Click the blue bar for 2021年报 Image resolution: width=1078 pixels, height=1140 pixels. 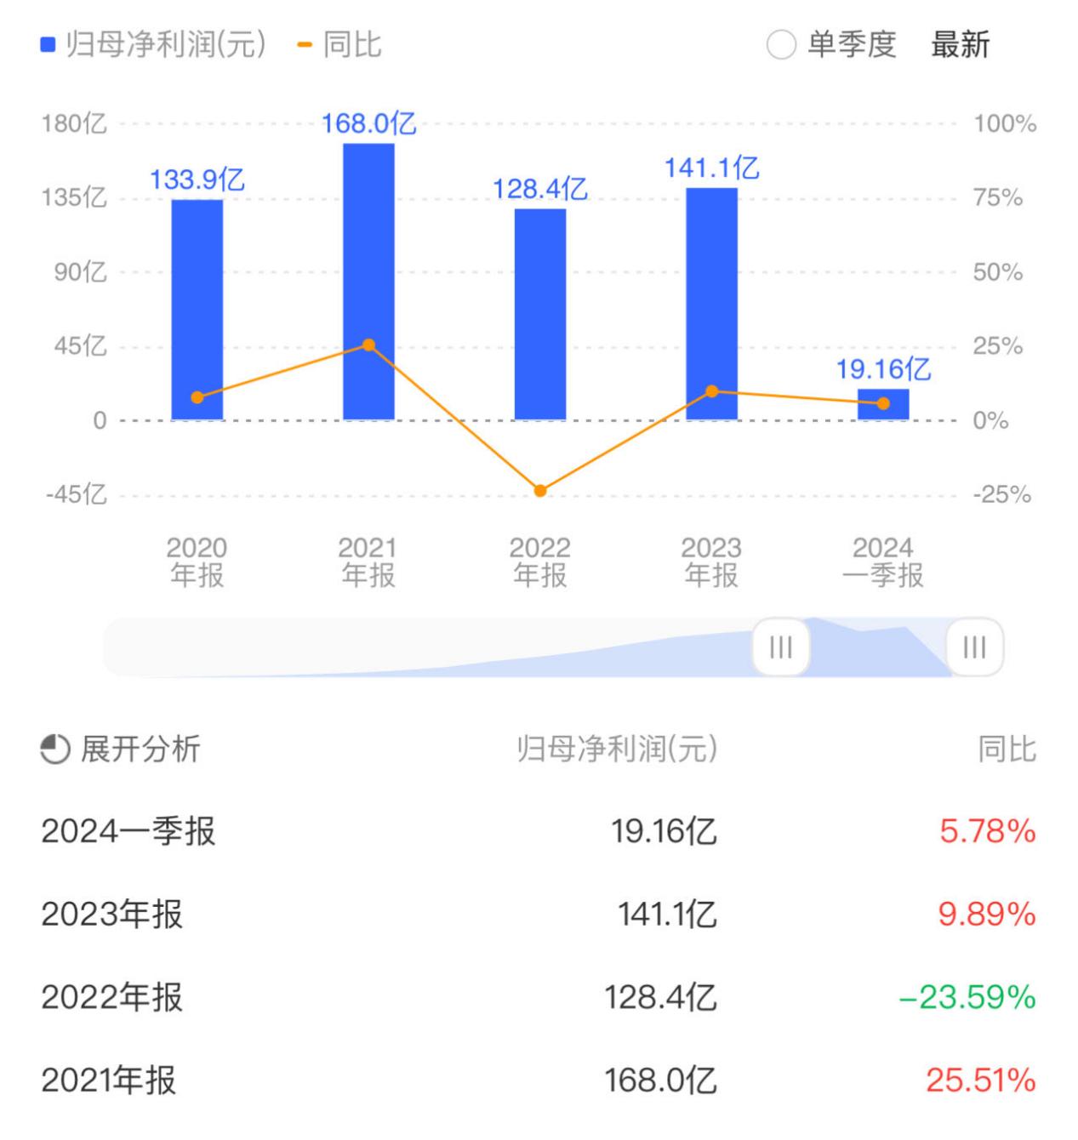pos(368,281)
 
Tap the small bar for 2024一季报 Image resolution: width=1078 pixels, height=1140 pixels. pos(882,404)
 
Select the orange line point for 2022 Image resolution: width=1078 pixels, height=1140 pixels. pos(540,490)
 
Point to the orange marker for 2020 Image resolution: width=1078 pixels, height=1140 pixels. pos(197,397)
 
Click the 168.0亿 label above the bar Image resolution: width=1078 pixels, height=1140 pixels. pos(368,124)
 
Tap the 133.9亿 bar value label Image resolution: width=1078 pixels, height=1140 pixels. pos(197,180)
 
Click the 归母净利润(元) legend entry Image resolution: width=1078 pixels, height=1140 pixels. pos(153,45)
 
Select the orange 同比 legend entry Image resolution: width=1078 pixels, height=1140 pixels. pos(340,45)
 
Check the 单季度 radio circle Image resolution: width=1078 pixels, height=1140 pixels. pos(781,45)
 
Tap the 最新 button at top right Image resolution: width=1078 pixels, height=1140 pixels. pos(960,45)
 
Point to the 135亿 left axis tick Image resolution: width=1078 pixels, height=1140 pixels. pos(75,198)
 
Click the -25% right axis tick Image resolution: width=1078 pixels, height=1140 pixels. pos(1001,494)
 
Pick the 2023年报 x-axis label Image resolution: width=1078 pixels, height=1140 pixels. pos(711,561)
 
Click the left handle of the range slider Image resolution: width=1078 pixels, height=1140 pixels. pos(780,647)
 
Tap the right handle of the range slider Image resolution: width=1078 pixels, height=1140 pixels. pos(974,647)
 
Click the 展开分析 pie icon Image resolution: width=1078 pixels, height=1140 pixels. pos(55,750)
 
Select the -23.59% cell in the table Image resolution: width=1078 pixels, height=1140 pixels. pos(967,997)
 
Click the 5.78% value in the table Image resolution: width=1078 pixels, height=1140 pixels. pos(987,831)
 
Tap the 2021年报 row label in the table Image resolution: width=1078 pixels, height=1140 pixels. pos(109,1080)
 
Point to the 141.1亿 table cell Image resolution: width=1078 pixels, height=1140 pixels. pos(667,915)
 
